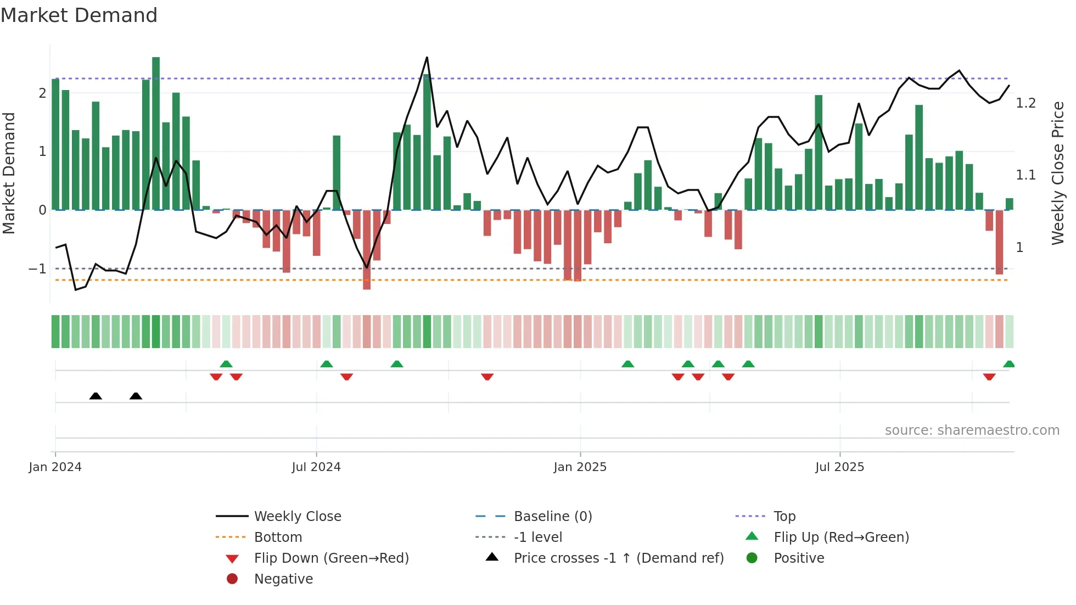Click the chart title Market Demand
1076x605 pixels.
(79, 15)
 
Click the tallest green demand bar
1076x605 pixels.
(156, 132)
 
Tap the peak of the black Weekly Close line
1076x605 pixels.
(427, 58)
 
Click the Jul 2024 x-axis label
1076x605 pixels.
(316, 467)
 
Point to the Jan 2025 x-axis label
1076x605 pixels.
(580, 467)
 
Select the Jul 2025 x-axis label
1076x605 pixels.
(839, 467)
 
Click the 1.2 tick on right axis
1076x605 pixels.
(1025, 103)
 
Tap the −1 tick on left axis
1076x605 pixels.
(37, 269)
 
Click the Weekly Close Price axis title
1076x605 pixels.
(1057, 173)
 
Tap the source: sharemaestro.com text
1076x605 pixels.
(972, 430)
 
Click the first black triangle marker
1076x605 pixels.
(96, 396)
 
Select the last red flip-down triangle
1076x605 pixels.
(989, 377)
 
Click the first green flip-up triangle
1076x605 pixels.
(226, 364)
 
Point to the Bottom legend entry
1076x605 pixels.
(278, 537)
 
